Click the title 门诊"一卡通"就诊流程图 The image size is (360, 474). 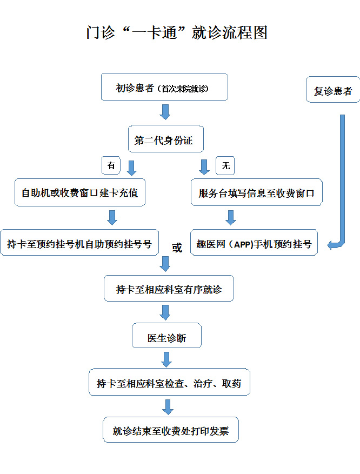pos(177,32)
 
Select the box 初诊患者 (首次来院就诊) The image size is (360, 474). pos(164,88)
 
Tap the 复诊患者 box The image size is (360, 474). pos(333,91)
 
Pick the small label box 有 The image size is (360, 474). pos(111,166)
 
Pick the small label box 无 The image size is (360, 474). pos(225,166)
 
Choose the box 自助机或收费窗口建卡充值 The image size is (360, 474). pos(79,192)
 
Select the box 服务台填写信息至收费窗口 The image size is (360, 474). pos(256,192)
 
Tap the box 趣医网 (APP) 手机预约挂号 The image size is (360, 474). pos(254,243)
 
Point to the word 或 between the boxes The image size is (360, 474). pos(176,248)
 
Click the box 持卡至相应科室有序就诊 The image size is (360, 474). pos(169,289)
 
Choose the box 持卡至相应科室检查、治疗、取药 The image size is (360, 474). pos(169,383)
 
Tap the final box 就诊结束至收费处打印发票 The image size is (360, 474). pos(170,430)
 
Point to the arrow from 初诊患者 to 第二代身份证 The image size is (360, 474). pos(165,112)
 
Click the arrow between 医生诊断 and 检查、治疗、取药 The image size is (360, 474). pos(166,359)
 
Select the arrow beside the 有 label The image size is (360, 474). pos(131,168)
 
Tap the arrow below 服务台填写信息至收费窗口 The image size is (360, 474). pos(231,217)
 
